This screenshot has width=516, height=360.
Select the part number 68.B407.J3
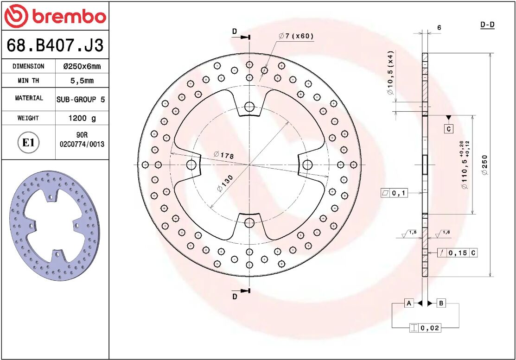[55, 45]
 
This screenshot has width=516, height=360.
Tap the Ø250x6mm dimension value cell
[82, 66]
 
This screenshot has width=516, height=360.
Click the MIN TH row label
[28, 81]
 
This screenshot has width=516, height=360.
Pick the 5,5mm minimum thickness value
[82, 81]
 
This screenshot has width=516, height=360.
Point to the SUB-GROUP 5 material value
[81, 99]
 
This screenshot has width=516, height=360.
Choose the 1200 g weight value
[82, 118]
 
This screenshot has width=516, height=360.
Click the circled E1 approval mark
[28, 142]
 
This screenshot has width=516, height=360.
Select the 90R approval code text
[82, 135]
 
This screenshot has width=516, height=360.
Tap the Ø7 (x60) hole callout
[296, 36]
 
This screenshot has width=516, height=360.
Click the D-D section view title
[487, 25]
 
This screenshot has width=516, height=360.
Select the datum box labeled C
[448, 129]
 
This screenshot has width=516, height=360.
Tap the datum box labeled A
[408, 303]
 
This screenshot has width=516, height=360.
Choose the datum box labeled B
[441, 303]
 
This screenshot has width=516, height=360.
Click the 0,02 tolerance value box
[429, 328]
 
